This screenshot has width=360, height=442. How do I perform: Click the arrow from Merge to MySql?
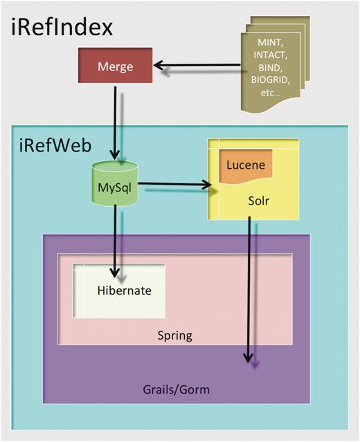pos(115,125)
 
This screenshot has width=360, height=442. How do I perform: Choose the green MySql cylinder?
pos(115,185)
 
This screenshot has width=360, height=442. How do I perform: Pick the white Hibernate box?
pos(120,291)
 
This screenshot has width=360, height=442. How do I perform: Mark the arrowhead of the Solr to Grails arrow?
pos(248,358)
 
